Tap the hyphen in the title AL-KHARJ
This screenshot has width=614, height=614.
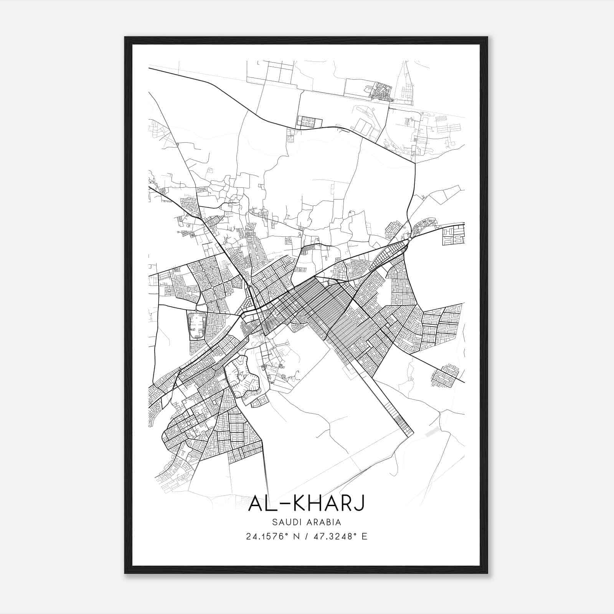[x=277, y=504]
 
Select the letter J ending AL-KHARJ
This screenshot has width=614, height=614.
[x=358, y=503]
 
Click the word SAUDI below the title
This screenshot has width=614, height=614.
[x=284, y=522]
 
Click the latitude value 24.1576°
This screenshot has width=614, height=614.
[x=267, y=536]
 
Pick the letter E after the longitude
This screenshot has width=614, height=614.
[x=364, y=536]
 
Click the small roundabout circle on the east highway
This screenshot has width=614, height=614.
[x=410, y=239]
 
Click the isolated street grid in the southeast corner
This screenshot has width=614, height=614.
[x=445, y=376]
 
